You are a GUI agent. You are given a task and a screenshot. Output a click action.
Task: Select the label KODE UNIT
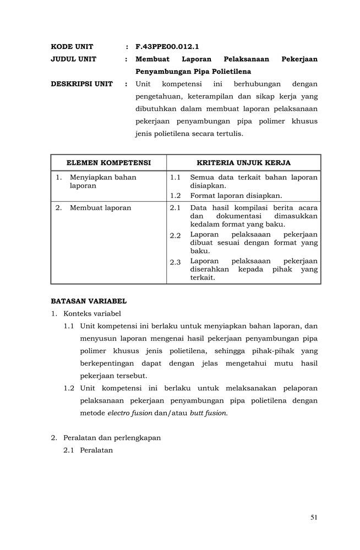[72, 47]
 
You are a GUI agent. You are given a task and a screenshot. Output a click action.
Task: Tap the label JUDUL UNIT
[73, 59]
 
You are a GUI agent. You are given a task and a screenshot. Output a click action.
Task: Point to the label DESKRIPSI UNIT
[81, 84]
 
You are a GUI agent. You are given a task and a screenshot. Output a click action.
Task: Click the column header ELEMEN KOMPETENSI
[108, 163]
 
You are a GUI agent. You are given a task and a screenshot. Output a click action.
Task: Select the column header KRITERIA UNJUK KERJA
[243, 163]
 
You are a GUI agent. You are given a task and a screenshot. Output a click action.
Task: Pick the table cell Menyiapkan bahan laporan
[102, 182]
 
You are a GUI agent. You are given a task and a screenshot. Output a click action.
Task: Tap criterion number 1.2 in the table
[175, 195]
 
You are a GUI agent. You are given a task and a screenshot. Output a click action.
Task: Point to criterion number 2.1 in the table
[175, 208]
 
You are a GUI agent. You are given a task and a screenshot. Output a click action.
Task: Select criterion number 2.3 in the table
[175, 262]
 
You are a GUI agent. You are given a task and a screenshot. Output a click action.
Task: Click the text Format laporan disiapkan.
[236, 195]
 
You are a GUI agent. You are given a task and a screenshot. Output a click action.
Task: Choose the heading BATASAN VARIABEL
[89, 301]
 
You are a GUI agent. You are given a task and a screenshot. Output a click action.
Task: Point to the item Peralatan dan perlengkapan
[112, 438]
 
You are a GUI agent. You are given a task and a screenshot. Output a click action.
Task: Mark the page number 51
[314, 516]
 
